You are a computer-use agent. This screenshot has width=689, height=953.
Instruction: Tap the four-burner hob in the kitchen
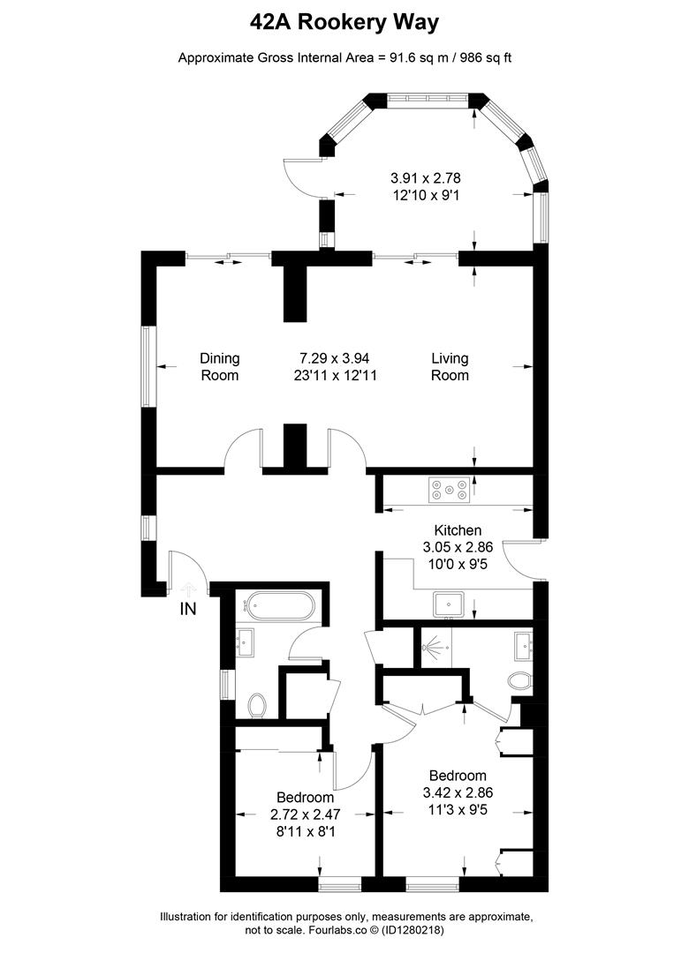pos(449,490)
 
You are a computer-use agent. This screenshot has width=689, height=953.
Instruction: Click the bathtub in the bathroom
pos(279,606)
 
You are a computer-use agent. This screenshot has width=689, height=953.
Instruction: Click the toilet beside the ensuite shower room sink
pos(519,680)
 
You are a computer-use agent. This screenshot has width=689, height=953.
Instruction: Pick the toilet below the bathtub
pos(258,704)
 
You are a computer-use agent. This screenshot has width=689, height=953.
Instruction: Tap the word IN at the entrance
pos(188,609)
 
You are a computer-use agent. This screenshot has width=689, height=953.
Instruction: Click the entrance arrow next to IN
pos(187,586)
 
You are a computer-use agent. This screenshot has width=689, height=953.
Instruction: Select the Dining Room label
pos(219,366)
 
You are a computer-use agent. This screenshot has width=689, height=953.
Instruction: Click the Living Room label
pos(450,366)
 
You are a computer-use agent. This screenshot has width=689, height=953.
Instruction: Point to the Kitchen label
pos(457,530)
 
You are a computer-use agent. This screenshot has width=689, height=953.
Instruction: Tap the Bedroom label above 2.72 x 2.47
pos(305,797)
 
